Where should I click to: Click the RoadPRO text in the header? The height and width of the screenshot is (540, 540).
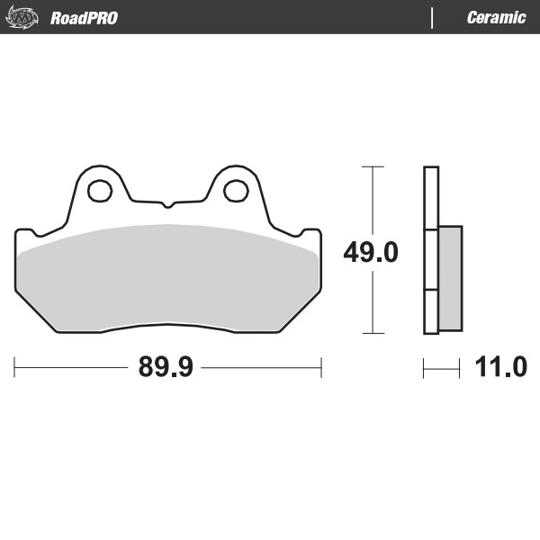84,17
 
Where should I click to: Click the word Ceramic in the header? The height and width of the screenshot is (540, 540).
496,17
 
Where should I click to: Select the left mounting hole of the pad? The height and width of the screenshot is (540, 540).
98,190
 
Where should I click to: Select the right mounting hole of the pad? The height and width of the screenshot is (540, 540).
236,190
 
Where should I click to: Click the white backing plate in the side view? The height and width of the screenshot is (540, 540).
431,198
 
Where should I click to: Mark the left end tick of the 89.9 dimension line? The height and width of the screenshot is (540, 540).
15,367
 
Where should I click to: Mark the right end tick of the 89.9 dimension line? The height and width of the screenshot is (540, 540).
321,367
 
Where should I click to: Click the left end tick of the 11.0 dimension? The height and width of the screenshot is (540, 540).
424,367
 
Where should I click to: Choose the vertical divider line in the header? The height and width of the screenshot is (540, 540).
433,17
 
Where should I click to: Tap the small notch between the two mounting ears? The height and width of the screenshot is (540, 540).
167,202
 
